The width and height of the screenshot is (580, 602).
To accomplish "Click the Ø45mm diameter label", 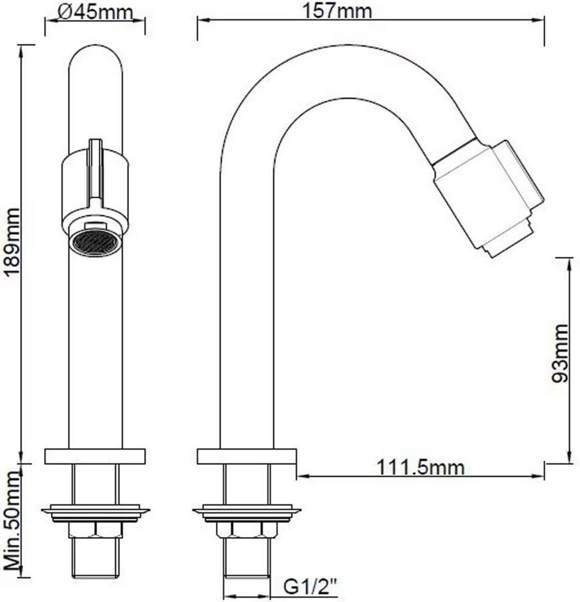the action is coord(95,12).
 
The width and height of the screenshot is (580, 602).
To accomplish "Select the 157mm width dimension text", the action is coord(337,11).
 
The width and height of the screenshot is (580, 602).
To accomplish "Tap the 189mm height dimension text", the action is coord(11,241).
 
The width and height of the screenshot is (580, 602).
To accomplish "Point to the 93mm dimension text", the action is coord(559,354).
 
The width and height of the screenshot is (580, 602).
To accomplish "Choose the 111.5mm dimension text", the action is coord(420,468).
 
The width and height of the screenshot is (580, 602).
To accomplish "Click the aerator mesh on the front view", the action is coord(94,242).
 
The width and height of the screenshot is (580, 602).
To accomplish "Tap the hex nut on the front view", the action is coord(96,530).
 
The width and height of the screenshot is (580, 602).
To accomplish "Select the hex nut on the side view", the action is coord(247,530).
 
